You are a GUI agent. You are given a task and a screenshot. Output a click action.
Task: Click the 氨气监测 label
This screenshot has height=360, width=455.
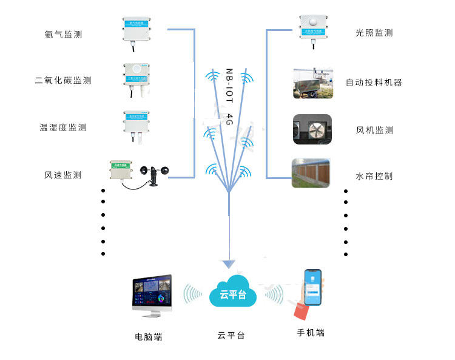[63, 35]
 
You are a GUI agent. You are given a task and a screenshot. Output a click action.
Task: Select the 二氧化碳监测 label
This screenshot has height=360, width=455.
[63, 80]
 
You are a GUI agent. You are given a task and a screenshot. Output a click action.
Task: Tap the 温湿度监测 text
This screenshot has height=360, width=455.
[63, 127]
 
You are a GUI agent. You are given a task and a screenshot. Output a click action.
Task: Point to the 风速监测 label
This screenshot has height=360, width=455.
[63, 175]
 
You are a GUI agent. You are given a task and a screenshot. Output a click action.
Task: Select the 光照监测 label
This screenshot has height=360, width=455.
[374, 33]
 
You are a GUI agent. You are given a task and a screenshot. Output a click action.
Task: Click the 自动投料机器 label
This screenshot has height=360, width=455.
[374, 83]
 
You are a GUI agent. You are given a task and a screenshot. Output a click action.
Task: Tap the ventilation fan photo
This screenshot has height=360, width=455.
[312, 129]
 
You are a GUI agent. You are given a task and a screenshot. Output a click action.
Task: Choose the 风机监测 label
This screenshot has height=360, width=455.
[374, 130]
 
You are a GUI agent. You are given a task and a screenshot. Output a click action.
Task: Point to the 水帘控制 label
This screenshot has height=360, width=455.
[374, 176]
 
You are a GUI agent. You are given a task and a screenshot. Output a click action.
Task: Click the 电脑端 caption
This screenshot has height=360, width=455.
[149, 336]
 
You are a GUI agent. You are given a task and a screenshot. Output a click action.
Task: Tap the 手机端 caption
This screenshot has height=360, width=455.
[311, 333]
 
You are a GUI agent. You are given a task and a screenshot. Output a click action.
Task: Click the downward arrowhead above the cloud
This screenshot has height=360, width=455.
[228, 264]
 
